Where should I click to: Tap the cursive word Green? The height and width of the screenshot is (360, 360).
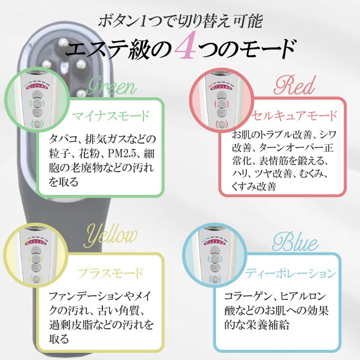click(x=111, y=88)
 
